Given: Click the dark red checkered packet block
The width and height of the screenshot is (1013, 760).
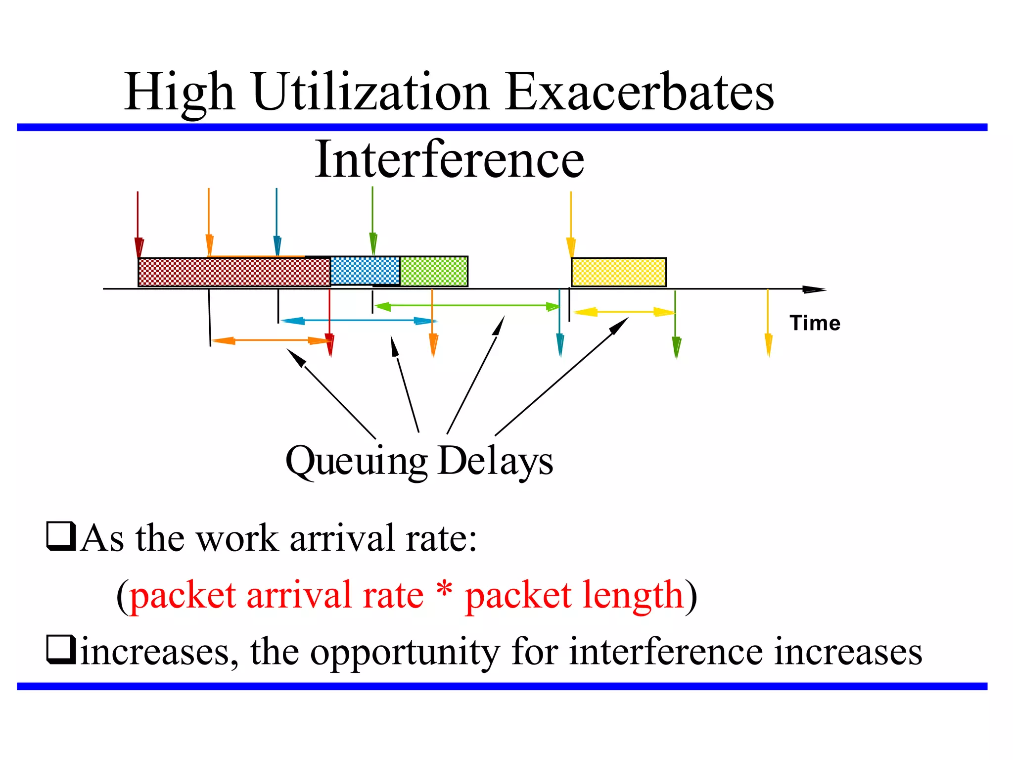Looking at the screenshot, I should click(234, 272).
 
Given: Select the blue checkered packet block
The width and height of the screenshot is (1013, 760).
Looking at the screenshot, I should click(365, 271).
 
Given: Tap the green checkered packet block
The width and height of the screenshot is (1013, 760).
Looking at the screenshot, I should click(434, 271).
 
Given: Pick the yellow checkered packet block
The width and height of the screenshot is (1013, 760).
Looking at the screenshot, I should click(618, 272).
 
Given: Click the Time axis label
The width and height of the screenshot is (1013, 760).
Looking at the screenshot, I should click(815, 323).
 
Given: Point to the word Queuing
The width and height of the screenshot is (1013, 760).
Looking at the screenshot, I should click(356, 461).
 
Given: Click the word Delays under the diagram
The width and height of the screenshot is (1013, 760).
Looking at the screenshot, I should click(496, 461).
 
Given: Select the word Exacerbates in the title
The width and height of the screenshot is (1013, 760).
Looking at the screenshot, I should click(639, 93).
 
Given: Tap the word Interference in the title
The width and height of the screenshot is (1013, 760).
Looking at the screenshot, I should click(449, 159).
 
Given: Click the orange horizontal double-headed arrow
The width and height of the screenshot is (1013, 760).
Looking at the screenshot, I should click(271, 340).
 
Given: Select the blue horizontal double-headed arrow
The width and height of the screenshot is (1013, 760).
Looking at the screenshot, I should click(359, 321).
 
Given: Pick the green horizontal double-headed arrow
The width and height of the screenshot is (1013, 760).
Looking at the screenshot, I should click(467, 306).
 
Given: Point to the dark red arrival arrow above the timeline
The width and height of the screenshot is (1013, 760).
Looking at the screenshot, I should click(138, 223).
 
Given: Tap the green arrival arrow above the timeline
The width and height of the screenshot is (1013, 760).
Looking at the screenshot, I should click(372, 218).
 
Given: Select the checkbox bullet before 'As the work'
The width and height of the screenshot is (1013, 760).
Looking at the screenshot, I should click(61, 537).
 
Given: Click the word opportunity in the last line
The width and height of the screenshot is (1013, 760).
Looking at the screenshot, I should click(405, 652).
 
